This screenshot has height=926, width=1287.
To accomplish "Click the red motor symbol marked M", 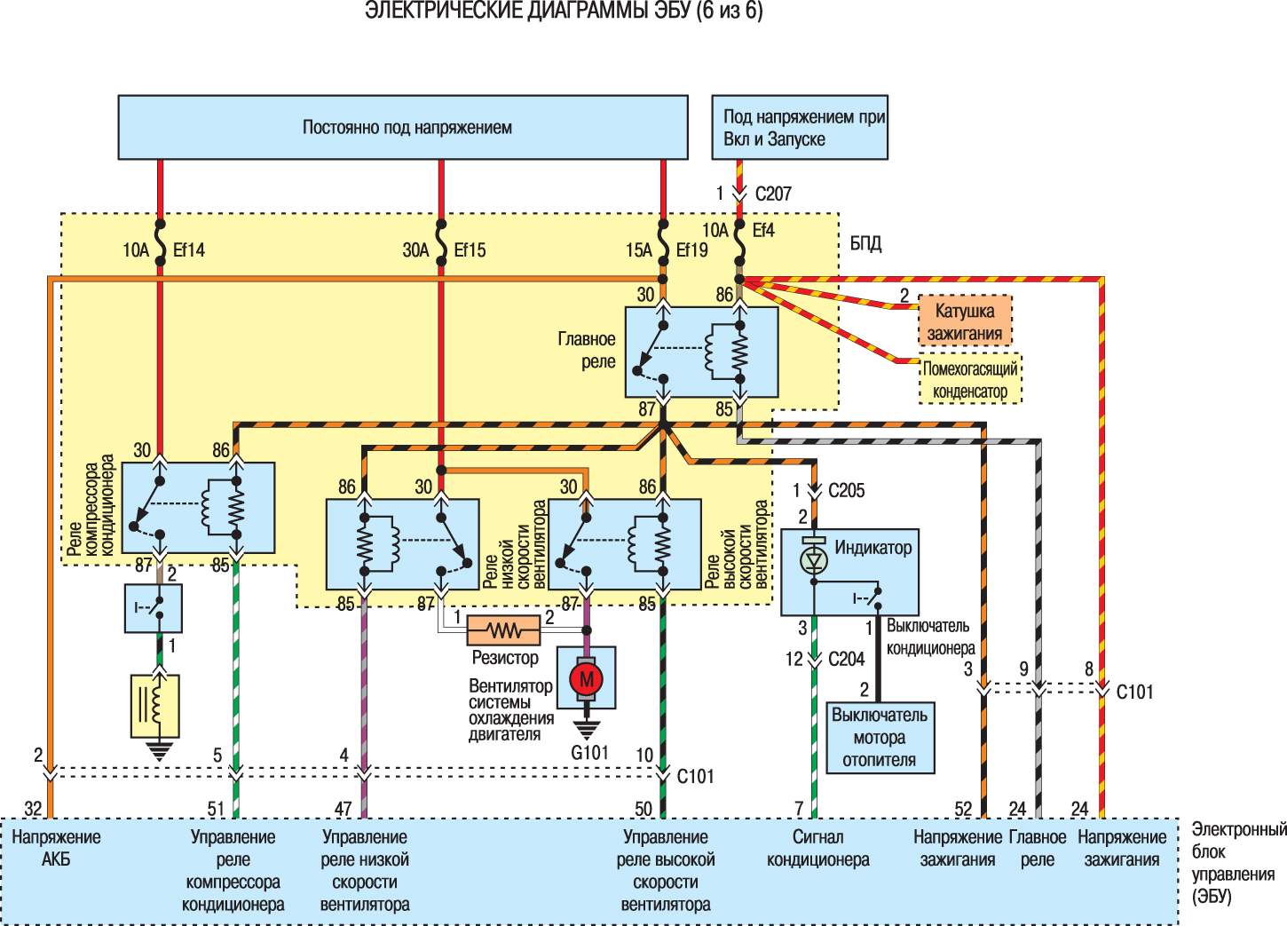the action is (x=586, y=679).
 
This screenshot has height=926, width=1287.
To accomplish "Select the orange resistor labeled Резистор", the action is (x=504, y=630).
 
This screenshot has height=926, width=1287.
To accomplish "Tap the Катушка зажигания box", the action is (x=965, y=321).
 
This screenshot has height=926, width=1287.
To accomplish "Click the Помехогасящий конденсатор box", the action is (x=970, y=379).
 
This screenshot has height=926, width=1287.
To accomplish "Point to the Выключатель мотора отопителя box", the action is (x=880, y=738).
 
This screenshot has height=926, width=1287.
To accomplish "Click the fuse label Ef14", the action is (x=188, y=250).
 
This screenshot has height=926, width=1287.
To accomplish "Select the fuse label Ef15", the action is (x=470, y=250).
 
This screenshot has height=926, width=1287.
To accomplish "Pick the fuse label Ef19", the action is (x=691, y=250).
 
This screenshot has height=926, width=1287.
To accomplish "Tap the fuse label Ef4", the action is (x=763, y=231).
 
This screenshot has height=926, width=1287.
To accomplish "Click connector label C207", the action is (x=773, y=194).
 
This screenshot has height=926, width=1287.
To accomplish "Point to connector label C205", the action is (x=846, y=490).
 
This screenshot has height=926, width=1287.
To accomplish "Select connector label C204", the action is (x=846, y=659).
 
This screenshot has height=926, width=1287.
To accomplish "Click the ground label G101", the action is (x=589, y=752).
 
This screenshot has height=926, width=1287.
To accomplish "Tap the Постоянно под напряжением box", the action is (x=403, y=127).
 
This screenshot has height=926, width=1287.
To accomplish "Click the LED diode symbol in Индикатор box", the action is (x=814, y=559).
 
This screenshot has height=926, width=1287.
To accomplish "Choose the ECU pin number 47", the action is (x=343, y=809).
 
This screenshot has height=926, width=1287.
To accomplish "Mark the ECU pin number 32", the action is (x=33, y=809).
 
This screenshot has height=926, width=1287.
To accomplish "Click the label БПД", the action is (x=865, y=244).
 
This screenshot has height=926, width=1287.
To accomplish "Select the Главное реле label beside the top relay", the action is (x=587, y=350).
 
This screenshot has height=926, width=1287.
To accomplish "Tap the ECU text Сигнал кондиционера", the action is (x=818, y=848).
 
